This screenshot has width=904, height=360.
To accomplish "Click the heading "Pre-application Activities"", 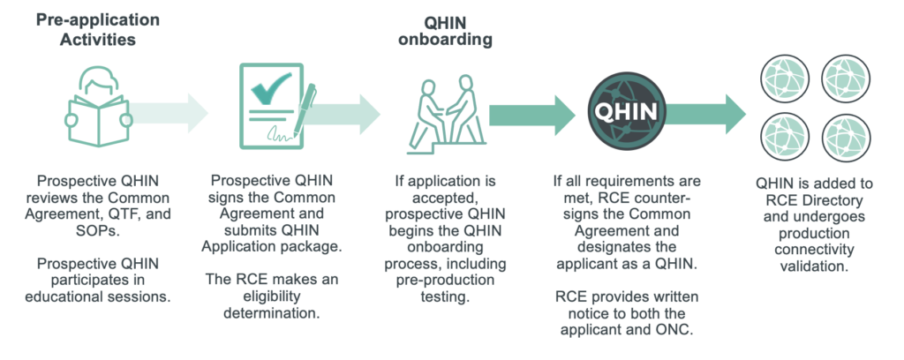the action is click(97, 29).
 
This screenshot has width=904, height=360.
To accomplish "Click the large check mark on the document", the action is click(270, 88).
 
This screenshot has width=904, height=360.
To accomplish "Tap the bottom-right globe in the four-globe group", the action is click(846, 139).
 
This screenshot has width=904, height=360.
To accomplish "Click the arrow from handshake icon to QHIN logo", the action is click(531, 116).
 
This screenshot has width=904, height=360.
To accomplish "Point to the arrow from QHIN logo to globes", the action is click(704, 115).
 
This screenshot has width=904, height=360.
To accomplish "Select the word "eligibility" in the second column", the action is click(272, 296).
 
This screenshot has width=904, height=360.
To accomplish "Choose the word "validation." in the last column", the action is click(814, 266).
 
